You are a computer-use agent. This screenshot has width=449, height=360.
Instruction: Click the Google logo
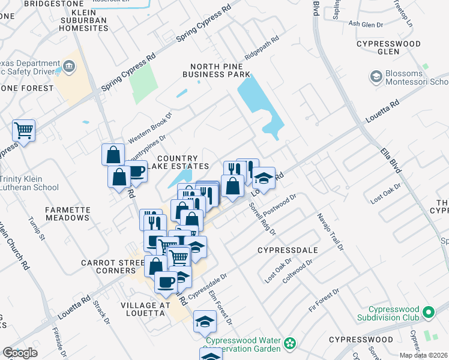[x=20, y=353]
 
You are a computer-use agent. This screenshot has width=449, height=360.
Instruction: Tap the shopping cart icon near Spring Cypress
[x=23, y=130]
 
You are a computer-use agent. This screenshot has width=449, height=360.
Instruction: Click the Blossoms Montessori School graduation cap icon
[x=376, y=76]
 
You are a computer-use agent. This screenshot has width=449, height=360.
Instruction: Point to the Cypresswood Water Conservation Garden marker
[x=291, y=344]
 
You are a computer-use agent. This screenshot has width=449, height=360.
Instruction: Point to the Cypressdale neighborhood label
[x=286, y=249]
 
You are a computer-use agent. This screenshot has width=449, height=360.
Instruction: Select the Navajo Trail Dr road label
[x=331, y=231]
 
